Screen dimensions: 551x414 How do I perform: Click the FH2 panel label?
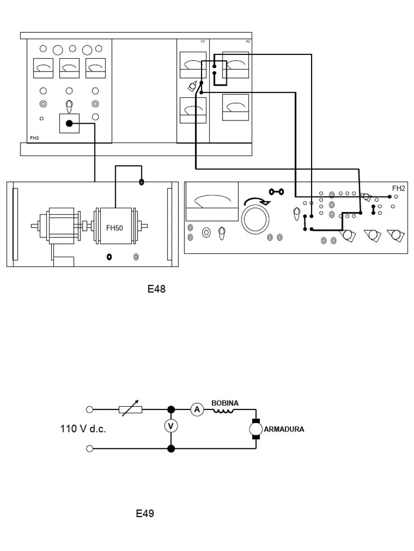[x=398, y=188]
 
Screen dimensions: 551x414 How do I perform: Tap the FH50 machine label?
[x=114, y=228]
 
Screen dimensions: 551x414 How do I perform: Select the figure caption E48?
[x=156, y=289]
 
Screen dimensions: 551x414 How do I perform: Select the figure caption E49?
[x=145, y=513]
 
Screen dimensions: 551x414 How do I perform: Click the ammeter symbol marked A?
[x=197, y=410]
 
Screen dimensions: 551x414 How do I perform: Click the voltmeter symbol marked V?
[x=171, y=426]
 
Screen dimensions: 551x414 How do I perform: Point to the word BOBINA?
[x=225, y=403]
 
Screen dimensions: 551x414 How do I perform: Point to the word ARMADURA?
[x=284, y=429]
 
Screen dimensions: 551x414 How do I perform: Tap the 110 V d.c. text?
[x=82, y=429]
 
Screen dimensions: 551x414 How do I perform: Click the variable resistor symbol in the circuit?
[x=131, y=409]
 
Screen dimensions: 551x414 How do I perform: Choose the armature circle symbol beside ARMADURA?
[x=254, y=429]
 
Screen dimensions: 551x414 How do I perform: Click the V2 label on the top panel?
[x=203, y=41]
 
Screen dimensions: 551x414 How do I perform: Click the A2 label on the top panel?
[x=248, y=41]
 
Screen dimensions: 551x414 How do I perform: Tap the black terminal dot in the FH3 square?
[x=68, y=124]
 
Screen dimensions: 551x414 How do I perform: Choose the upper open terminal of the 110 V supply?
[x=89, y=409]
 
